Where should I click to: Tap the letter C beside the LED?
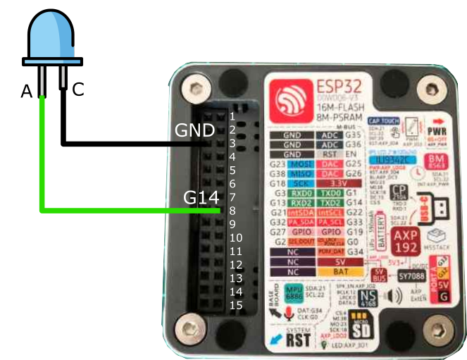(x=78, y=89)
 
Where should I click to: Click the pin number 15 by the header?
(x=236, y=305)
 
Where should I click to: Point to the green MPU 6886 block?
(x=292, y=294)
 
